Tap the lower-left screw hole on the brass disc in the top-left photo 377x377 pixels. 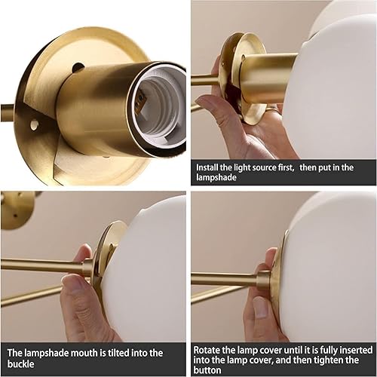pos(34,124)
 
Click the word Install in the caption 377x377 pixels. pos(209,166)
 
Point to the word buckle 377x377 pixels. pos(24,364)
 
